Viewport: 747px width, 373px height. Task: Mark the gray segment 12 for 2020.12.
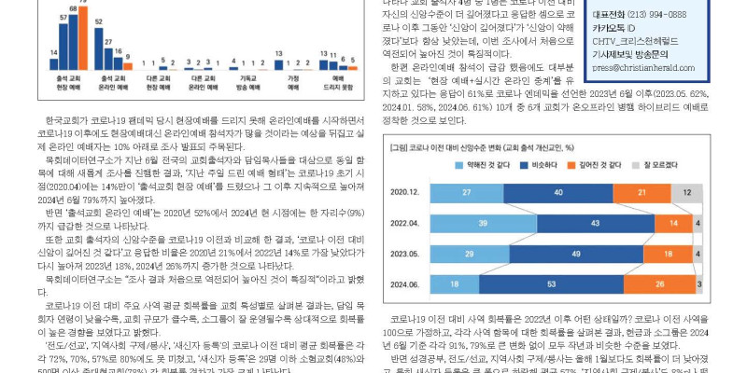(686, 192)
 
